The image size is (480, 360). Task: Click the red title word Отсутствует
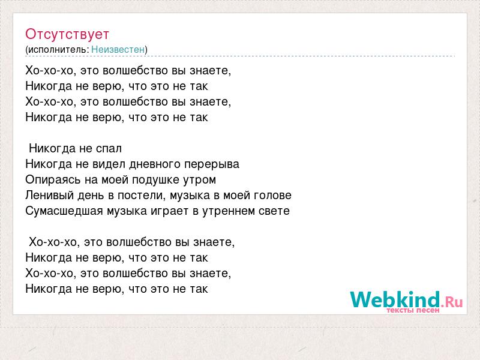point(67,34)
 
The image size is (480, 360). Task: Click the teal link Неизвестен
point(118,49)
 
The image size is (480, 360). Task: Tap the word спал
point(109,149)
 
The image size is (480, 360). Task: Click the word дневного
point(155,164)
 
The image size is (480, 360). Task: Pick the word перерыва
point(212,164)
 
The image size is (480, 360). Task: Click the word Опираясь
point(53,179)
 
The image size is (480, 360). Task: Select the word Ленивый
point(50,196)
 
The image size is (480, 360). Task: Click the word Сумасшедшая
point(64,211)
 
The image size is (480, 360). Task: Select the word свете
point(274,211)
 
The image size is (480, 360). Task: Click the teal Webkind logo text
point(395,299)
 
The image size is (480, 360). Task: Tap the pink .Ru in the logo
point(452,302)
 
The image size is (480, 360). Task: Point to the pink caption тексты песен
point(413,310)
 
